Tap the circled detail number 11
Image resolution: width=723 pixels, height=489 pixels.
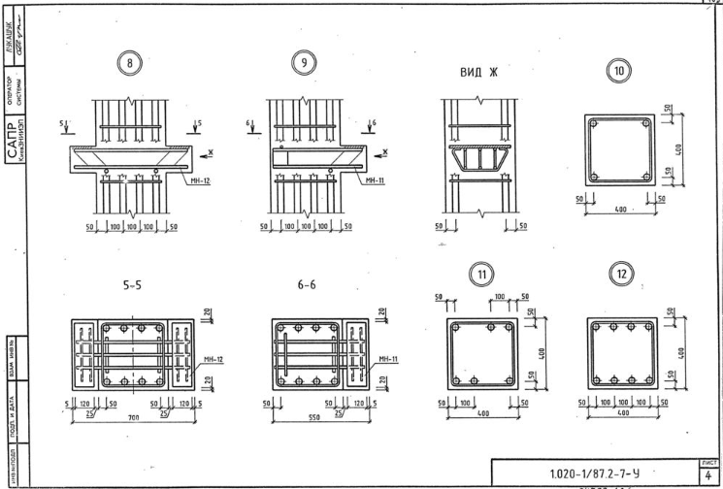479,277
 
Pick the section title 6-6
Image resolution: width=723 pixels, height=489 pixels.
304,287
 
